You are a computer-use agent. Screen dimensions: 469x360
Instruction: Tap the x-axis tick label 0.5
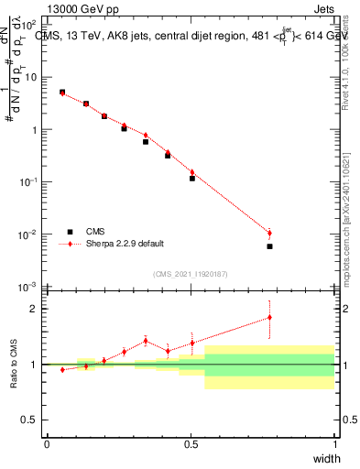pyautogui.click(x=191, y=444)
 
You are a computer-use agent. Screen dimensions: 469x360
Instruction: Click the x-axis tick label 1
pyautogui.click(x=335, y=444)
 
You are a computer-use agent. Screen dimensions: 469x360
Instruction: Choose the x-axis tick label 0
pyautogui.click(x=47, y=444)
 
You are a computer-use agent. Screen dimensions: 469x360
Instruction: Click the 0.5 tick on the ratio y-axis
pyautogui.click(x=31, y=420)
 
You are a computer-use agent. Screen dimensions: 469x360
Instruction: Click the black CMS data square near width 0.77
pyautogui.click(x=269, y=246)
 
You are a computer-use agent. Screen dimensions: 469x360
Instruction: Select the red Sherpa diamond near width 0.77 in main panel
pyautogui.click(x=269, y=233)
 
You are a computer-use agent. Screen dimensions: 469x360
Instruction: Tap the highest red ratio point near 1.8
pyautogui.click(x=269, y=317)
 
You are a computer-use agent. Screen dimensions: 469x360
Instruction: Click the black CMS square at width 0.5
pyautogui.click(x=192, y=179)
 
